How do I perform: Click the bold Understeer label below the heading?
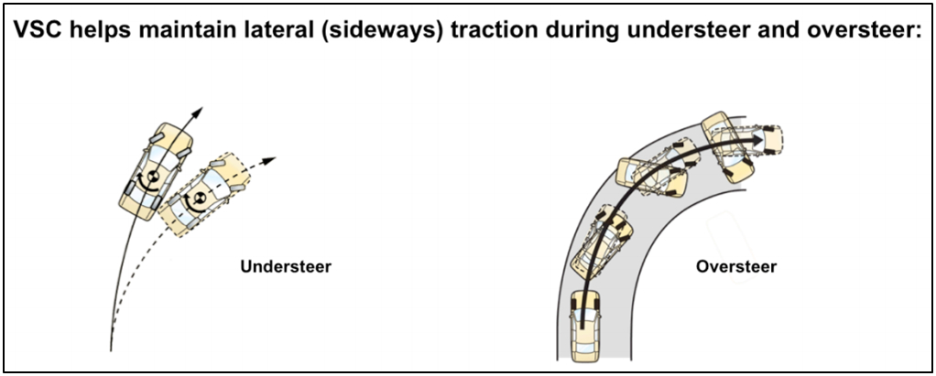pyautogui.click(x=286, y=268)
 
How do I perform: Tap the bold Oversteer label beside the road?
pyautogui.click(x=736, y=268)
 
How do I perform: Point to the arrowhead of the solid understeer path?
pyautogui.click(x=197, y=112)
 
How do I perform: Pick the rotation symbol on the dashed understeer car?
pyautogui.click(x=195, y=199)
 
